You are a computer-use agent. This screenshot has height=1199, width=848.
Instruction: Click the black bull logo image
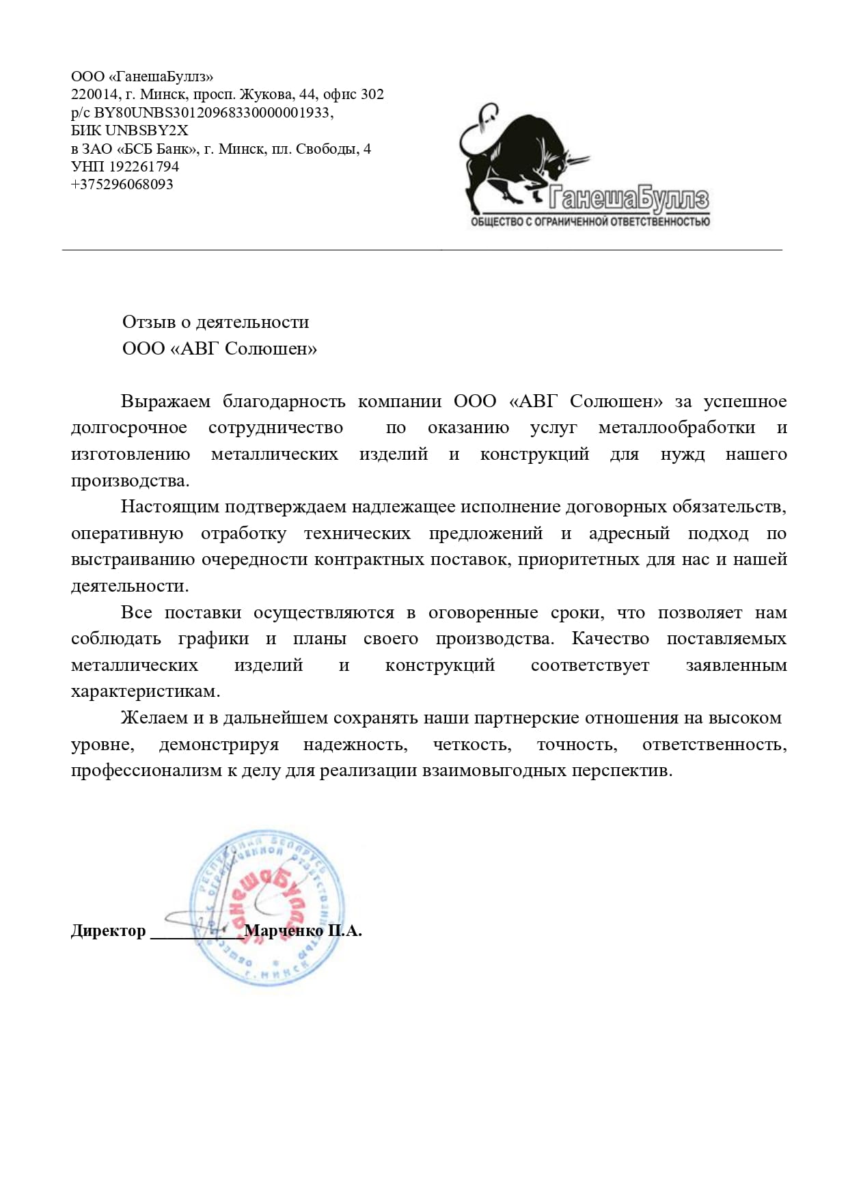pyautogui.click(x=519, y=157)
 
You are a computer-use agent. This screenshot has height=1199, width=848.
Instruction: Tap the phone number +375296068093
pyautogui.click(x=122, y=184)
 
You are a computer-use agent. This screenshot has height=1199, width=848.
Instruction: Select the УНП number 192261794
pyautogui.click(x=143, y=167)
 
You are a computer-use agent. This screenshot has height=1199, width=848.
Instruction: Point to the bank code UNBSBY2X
pyautogui.click(x=147, y=130)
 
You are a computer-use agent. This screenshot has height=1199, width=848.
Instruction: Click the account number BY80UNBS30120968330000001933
pyautogui.click(x=212, y=113)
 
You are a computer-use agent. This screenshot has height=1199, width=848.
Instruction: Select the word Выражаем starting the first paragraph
pyautogui.click(x=165, y=401)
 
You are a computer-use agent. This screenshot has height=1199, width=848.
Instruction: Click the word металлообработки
pyautogui.click(x=676, y=428)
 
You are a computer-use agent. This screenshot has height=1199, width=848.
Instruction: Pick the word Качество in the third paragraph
pyautogui.click(x=610, y=639)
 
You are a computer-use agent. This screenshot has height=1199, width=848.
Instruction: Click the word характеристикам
pyautogui.click(x=146, y=691)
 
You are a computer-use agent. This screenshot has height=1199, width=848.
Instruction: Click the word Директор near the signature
pyautogui.click(x=109, y=931)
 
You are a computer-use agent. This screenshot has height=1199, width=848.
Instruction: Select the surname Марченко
pyautogui.click(x=284, y=931)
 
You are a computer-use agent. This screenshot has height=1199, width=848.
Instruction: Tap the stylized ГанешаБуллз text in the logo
pyautogui.click(x=629, y=199)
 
